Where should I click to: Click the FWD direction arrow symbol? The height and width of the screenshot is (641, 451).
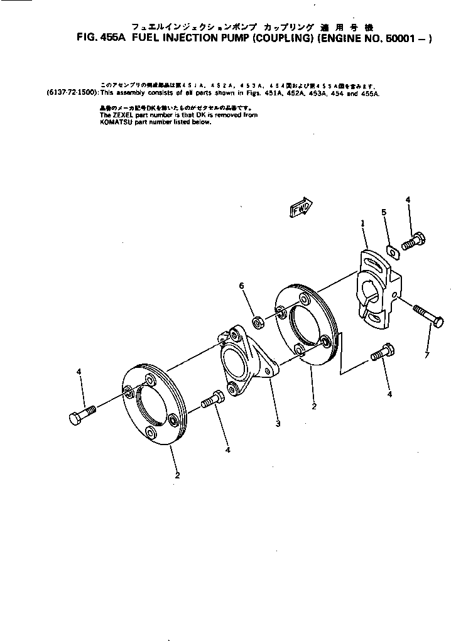point(302,208)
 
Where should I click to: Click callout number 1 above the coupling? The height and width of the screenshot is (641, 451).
point(363,224)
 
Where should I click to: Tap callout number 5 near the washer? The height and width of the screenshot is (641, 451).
point(384,213)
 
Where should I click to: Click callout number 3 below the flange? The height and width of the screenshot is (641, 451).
point(278,424)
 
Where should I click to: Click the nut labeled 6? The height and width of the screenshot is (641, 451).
point(257,323)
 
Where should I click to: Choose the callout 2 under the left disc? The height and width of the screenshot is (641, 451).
point(178,475)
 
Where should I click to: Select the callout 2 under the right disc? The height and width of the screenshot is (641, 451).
point(313,406)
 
